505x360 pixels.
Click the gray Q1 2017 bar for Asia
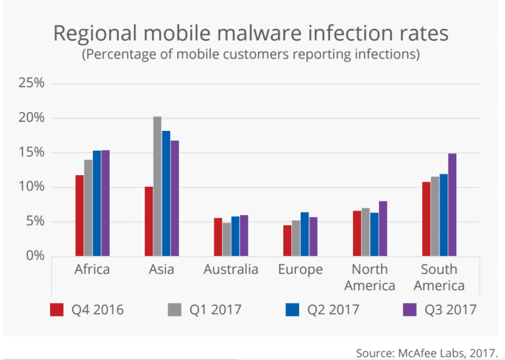click(x=157, y=186)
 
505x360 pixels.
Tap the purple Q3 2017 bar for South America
click(x=452, y=205)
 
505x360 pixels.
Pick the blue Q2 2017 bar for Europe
click(x=304, y=234)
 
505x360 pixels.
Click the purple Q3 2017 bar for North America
click(x=383, y=228)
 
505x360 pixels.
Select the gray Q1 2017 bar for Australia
click(x=227, y=239)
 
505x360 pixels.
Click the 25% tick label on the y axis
click(x=31, y=84)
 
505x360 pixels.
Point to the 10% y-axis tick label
click(x=31, y=187)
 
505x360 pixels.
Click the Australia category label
click(x=231, y=270)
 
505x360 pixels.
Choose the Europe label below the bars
click(x=300, y=270)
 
